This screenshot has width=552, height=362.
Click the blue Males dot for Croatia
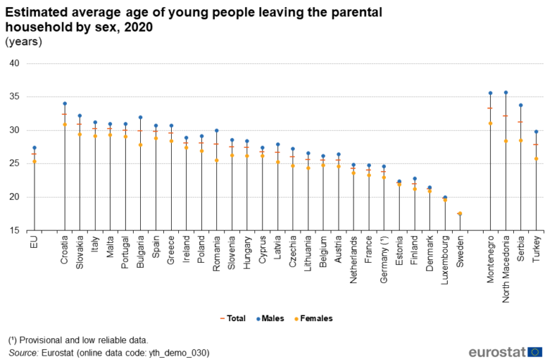pyautogui.click(x=65, y=103)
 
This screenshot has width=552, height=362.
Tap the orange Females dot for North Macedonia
pyautogui.click(x=506, y=141)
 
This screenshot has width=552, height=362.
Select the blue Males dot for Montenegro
pyautogui.click(x=490, y=93)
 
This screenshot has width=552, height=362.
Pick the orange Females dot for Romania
pyautogui.click(x=216, y=160)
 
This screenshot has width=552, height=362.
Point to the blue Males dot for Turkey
pyautogui.click(x=536, y=131)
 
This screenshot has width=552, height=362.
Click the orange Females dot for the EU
pyautogui.click(x=34, y=162)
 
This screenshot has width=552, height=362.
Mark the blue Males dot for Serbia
pyautogui.click(x=521, y=105)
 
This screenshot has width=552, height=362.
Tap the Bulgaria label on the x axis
pyautogui.click(x=141, y=252)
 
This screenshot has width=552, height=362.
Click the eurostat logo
pyautogui.click(x=505, y=351)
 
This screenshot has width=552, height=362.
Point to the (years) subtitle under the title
pyautogui.click(x=24, y=42)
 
